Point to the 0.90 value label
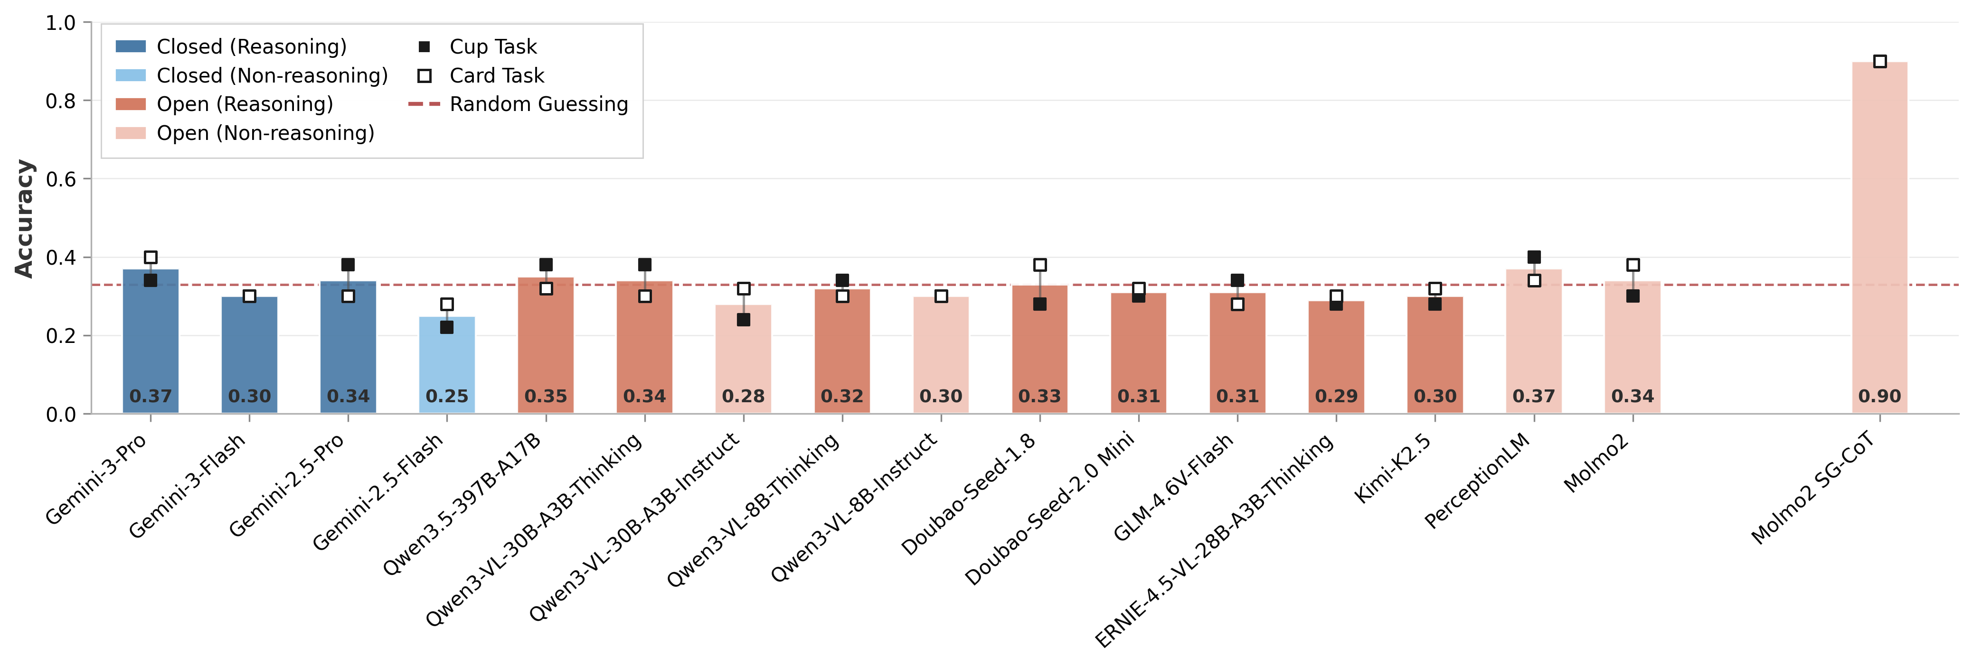[x=1879, y=397]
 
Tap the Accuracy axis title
[x=25, y=218]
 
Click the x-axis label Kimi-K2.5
[x=1392, y=468]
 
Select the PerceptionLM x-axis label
[x=1477, y=480]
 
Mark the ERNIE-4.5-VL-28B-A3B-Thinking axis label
[x=1214, y=540]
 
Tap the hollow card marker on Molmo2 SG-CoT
[x=1879, y=61]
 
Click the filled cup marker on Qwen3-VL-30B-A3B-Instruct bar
[x=743, y=320]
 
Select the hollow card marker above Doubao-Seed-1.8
[x=1039, y=265]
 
